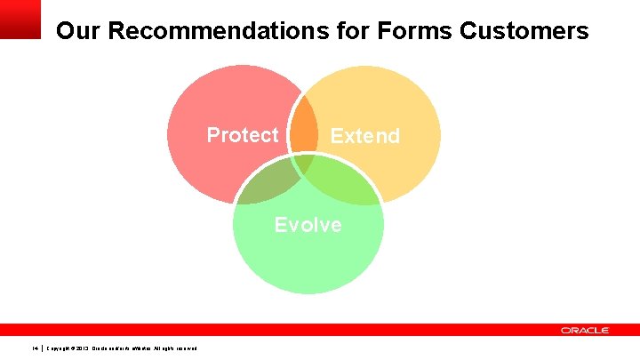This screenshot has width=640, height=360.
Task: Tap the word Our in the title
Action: pyautogui.click(x=76, y=32)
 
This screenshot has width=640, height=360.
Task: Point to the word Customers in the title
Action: pyautogui.click(x=524, y=32)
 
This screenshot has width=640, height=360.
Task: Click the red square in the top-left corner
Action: pyautogui.click(x=20, y=19)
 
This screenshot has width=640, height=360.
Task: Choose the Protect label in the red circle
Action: pyautogui.click(x=242, y=135)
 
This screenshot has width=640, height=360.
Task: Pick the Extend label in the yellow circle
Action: pyautogui.click(x=364, y=136)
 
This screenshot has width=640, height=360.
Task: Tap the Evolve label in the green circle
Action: pyautogui.click(x=308, y=225)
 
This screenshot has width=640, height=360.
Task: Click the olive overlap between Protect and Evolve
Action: pyautogui.click(x=267, y=177)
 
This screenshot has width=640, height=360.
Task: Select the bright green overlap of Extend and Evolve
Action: pyautogui.click(x=343, y=178)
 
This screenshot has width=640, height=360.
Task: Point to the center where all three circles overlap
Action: pyautogui.click(x=305, y=162)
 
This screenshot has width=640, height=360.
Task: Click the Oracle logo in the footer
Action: pyautogui.click(x=585, y=330)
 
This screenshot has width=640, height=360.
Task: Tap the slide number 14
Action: pyautogui.click(x=35, y=348)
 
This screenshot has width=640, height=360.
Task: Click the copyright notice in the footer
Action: pyautogui.click(x=120, y=348)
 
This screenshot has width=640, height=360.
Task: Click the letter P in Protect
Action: pyautogui.click(x=213, y=135)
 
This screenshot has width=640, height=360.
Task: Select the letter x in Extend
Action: pyautogui.click(x=346, y=136)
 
